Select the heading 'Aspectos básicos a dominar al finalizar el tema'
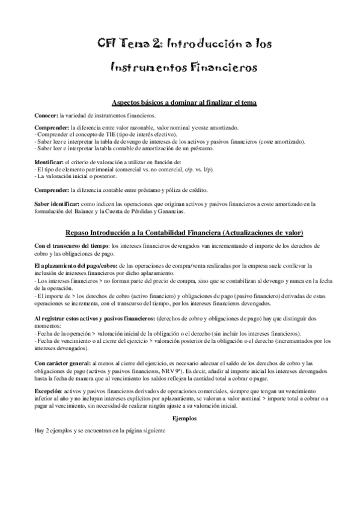coord(180,103)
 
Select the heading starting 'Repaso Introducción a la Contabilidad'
coord(180,233)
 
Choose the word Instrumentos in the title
coord(144,67)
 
